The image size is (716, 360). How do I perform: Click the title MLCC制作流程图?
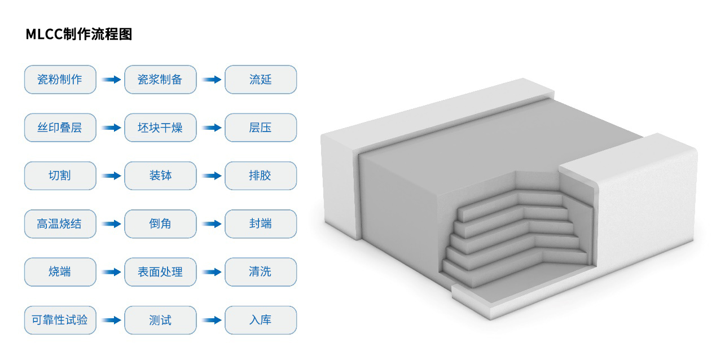point(78,34)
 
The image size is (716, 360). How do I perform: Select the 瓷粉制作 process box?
point(60,80)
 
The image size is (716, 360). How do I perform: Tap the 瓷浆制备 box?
point(160,80)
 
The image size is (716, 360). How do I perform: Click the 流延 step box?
point(260,80)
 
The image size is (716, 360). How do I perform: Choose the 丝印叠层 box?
point(60,128)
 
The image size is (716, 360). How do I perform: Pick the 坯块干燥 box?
point(160,128)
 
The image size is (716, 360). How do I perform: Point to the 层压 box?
point(260,128)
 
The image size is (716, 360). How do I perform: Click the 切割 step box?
point(60,175)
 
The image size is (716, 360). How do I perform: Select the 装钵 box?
point(160,175)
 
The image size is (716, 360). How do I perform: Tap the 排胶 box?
point(260,175)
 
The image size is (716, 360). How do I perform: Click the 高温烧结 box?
point(60,223)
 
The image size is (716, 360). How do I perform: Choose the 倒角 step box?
point(160,223)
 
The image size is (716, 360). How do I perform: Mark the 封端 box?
point(260,223)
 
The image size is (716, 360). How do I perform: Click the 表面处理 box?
point(160,271)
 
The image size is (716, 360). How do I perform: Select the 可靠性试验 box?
point(60,320)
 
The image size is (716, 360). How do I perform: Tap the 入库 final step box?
point(260,320)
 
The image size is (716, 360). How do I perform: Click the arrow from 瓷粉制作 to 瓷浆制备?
point(111,80)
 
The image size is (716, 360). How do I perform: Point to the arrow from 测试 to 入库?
point(212,320)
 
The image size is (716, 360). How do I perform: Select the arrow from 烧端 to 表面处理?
point(111,272)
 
